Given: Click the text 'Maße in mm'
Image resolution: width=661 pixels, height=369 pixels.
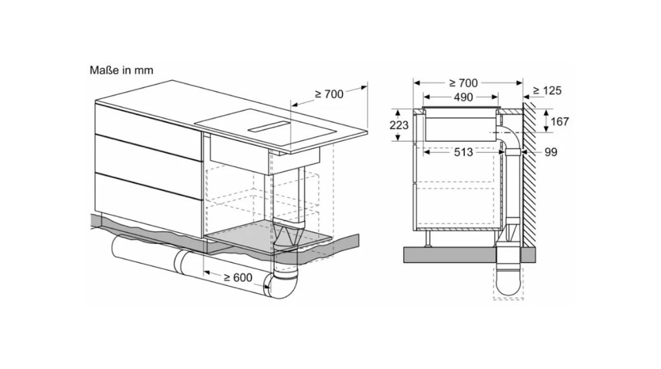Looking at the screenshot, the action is coord(121,70).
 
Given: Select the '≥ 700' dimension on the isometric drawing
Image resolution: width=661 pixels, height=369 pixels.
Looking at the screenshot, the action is coord(329,95).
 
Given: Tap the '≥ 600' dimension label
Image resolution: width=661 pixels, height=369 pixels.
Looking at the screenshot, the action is coord(238,277).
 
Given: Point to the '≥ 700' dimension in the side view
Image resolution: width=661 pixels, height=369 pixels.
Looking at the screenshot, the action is coord(463,83).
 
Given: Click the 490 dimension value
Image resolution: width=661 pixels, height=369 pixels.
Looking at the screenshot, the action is coord(463,97).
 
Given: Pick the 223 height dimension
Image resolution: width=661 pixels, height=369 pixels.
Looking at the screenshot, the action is coord(399,125).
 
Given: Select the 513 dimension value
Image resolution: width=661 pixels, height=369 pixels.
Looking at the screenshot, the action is coord(463,152).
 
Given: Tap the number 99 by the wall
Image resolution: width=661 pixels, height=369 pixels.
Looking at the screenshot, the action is coord(551,152).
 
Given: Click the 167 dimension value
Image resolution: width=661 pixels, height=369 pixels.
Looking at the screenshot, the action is coord(559,121).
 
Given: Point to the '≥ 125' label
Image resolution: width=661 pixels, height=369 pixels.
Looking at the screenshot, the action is coord(547,91).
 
